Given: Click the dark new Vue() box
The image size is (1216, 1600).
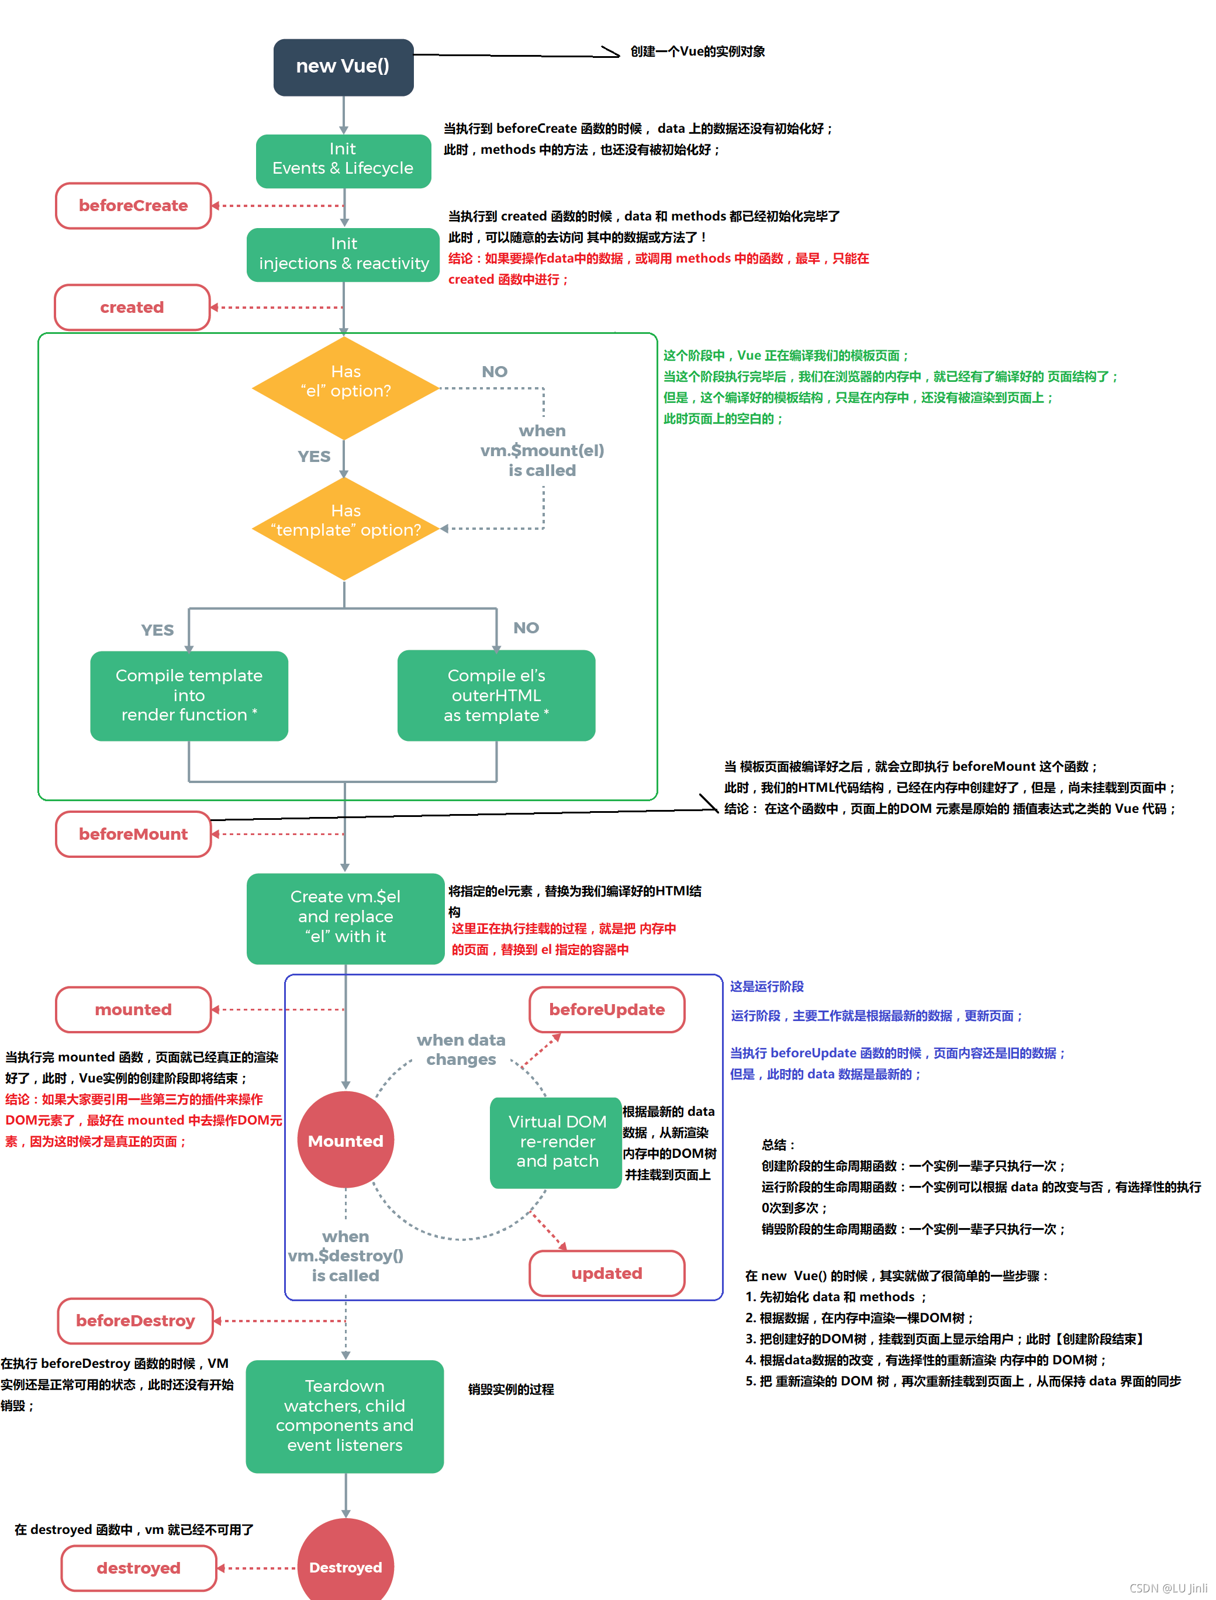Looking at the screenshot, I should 343,67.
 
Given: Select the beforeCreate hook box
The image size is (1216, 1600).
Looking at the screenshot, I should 133,206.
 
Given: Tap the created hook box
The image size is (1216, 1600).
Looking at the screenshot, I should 132,307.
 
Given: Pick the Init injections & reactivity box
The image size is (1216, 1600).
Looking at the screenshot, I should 343,254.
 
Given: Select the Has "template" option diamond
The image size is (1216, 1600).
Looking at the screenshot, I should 346,528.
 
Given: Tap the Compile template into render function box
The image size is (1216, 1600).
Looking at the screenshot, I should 189,695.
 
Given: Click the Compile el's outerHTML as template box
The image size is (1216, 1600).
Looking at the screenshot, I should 496,695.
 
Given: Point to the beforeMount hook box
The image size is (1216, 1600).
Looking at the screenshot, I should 133,834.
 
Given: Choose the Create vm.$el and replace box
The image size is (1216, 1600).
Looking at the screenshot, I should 346,918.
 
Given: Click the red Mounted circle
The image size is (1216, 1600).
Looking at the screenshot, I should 346,1140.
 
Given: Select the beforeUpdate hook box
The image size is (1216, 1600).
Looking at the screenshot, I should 607,1009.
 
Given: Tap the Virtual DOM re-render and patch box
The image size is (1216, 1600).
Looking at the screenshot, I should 556,1142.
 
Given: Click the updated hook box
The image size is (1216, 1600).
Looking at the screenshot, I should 607,1273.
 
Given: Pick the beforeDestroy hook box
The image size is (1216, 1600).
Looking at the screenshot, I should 136,1320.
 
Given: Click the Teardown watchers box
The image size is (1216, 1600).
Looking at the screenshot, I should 344,1415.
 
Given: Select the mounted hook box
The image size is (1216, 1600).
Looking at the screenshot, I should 133,1009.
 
